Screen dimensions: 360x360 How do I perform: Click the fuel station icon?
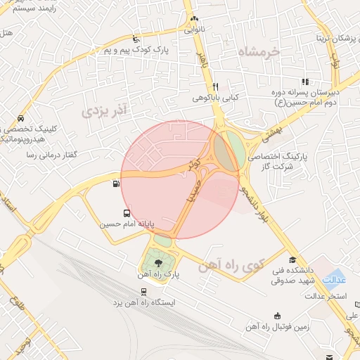115,184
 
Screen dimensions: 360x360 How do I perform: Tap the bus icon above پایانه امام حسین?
127,214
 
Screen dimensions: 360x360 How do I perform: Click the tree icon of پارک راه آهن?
157,263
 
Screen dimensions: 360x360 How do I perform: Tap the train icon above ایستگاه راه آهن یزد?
143,291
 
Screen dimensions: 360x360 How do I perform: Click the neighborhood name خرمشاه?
258,51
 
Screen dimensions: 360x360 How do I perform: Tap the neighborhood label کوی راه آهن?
223,267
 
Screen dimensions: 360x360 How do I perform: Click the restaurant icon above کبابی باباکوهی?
216,86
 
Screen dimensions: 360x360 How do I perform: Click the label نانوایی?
198,31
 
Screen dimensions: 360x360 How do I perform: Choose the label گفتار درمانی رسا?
50,153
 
